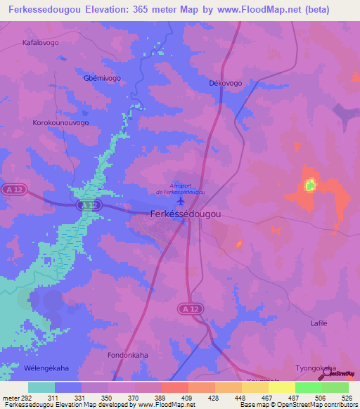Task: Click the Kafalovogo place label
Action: (41, 42)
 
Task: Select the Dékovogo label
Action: (226, 83)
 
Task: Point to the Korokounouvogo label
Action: (60, 122)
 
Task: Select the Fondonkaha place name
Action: (127, 356)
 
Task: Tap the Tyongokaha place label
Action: (316, 368)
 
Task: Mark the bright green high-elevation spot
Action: (309, 186)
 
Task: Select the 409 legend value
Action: (168, 398)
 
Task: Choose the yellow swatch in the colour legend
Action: (281, 387)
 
